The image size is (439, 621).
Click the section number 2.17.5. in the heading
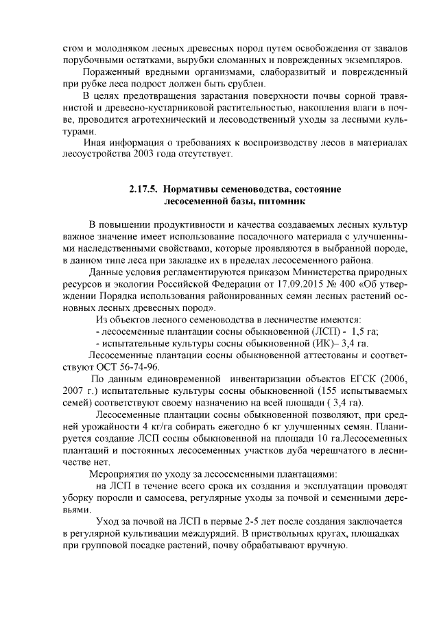tap(145, 188)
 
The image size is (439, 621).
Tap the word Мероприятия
tap(122, 473)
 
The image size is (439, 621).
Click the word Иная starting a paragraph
tap(93, 142)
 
